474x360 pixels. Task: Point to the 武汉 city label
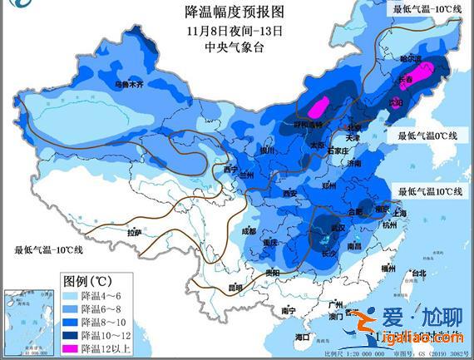tap(337, 227)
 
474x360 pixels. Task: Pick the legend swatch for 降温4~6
tap(69, 294)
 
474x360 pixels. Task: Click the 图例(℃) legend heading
tap(86, 280)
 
